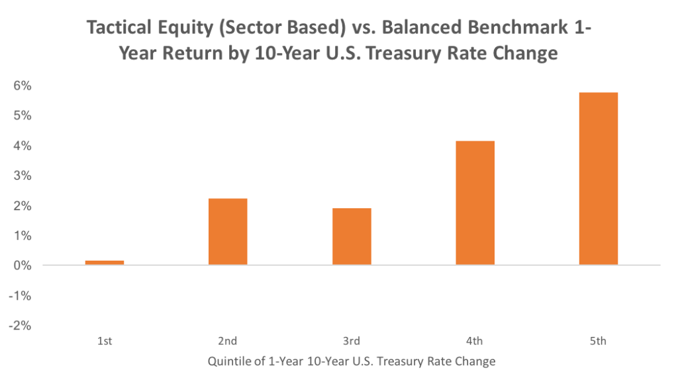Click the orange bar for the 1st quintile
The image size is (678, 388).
click(105, 263)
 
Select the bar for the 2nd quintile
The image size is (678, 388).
click(228, 231)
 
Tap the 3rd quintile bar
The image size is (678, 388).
click(352, 236)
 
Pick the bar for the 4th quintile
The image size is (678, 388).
click(475, 203)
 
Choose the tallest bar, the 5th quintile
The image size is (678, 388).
click(599, 178)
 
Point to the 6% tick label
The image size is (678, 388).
click(23, 86)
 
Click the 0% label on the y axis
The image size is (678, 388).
click(23, 265)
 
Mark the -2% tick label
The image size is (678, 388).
click(20, 326)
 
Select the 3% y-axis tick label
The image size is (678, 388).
click(23, 175)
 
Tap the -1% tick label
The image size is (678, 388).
click(20, 296)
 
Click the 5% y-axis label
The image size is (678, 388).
click(23, 115)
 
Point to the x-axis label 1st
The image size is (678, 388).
click(105, 341)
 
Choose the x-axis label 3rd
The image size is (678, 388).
click(352, 341)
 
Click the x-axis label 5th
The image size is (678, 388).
click(599, 341)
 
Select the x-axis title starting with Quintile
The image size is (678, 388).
click(352, 361)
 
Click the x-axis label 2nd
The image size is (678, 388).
click(228, 341)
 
